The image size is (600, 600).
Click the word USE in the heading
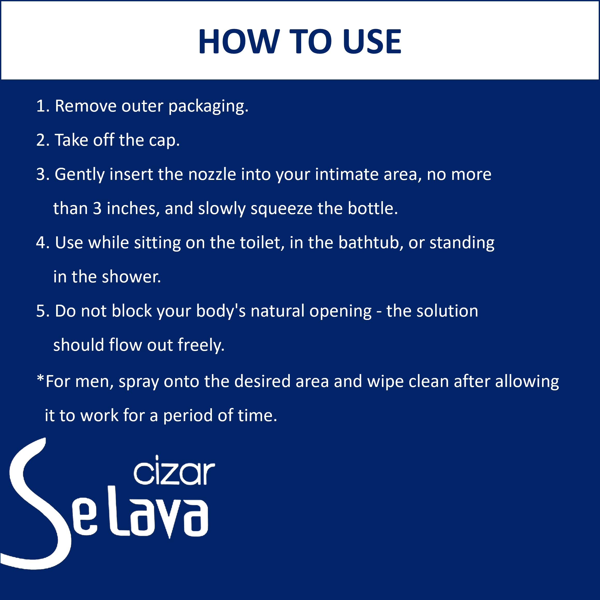(x=372, y=41)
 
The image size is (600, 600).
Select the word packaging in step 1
(x=208, y=107)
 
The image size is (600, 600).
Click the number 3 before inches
(x=97, y=208)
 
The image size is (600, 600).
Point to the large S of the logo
(x=37, y=503)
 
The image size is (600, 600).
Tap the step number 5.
(x=42, y=311)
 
